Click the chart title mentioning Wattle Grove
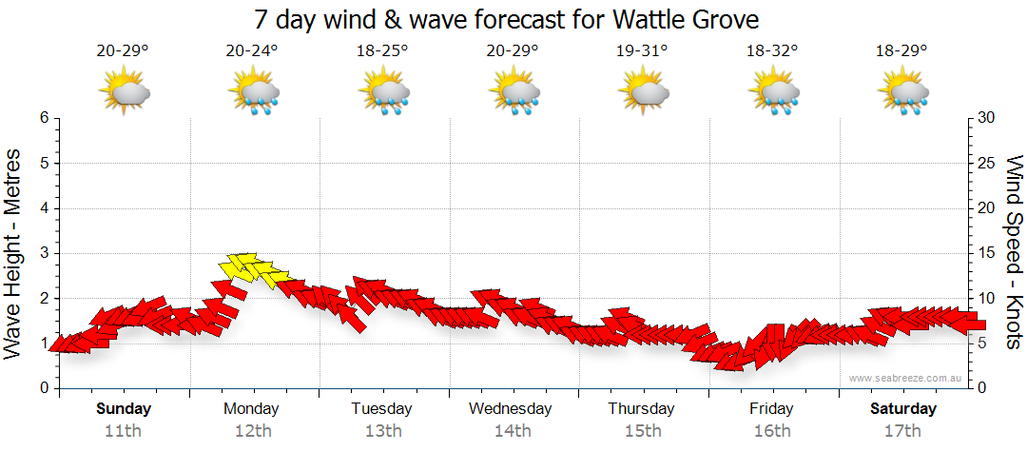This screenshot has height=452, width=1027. click(x=507, y=19)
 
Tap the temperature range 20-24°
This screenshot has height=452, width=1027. click(x=252, y=51)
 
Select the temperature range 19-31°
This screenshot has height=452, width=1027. click(x=641, y=51)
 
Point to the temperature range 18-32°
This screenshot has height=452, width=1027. click(x=771, y=51)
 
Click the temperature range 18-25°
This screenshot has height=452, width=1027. click(x=382, y=51)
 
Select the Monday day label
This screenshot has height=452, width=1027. click(x=251, y=409)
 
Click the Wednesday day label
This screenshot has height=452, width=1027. click(x=511, y=409)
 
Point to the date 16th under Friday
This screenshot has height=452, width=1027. click(x=772, y=430)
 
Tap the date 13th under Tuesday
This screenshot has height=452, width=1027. click(x=382, y=430)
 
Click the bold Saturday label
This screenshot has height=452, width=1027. click(x=903, y=409)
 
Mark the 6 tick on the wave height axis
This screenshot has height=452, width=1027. click(x=44, y=118)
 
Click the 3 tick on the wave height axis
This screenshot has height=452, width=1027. click(x=44, y=253)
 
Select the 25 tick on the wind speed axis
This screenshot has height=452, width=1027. click(x=985, y=163)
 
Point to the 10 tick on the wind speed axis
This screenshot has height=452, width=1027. click(x=985, y=299)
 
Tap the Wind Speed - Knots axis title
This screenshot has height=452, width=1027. click(x=1014, y=251)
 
